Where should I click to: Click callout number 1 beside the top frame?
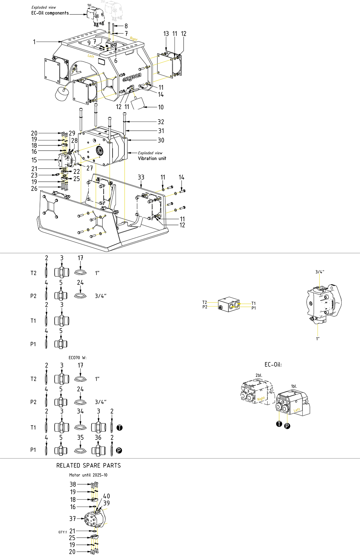(x=34, y=42)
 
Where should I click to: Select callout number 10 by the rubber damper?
(x=161, y=107)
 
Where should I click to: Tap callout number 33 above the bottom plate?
(x=141, y=177)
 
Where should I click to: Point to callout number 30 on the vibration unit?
(x=161, y=140)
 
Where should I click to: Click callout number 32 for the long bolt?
(x=161, y=122)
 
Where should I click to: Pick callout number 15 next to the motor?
(x=34, y=160)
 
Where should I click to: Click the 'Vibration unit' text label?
(x=152, y=158)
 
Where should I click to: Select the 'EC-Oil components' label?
(x=50, y=13)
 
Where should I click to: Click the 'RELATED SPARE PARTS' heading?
(x=89, y=465)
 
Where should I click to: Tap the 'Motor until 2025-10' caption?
(x=88, y=475)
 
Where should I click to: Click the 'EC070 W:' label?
(x=78, y=358)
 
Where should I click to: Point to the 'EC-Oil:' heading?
(x=273, y=364)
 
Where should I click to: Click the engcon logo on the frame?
(x=132, y=78)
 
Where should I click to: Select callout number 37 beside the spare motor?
(x=72, y=519)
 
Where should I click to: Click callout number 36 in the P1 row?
(x=98, y=437)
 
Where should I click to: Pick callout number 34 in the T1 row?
(x=81, y=411)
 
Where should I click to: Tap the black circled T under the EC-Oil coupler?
(x=279, y=424)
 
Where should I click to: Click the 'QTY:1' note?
(x=63, y=532)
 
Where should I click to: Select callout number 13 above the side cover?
(x=166, y=34)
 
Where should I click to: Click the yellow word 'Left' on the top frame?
(x=91, y=56)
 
